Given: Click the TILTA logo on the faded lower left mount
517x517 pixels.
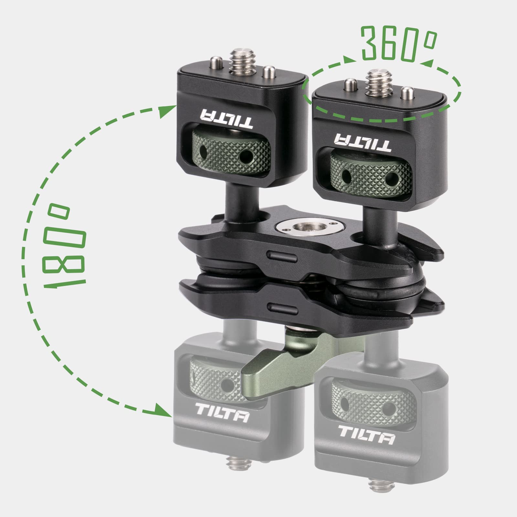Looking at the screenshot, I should pyautogui.click(x=222, y=417).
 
